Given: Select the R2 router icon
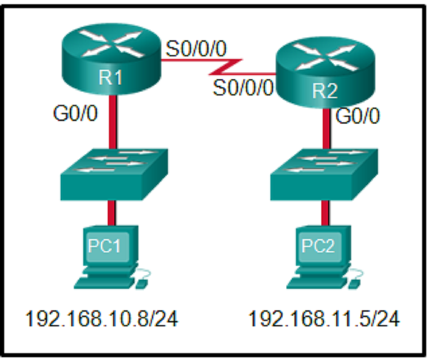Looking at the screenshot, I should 324,72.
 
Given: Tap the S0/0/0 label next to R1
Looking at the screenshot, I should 196,49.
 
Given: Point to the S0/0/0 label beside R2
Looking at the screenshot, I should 242,87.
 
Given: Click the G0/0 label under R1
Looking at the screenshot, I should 76,115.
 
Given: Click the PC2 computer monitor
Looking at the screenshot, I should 319,247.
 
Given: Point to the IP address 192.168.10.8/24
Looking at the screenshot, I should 102,319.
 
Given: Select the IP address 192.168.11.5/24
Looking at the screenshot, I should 324,319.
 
